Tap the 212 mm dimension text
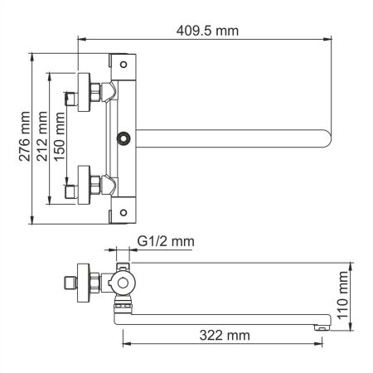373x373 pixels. (43, 137)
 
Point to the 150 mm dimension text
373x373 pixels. (61, 137)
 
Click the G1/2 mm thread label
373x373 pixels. (165, 242)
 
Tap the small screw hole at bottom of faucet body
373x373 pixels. (124, 213)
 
